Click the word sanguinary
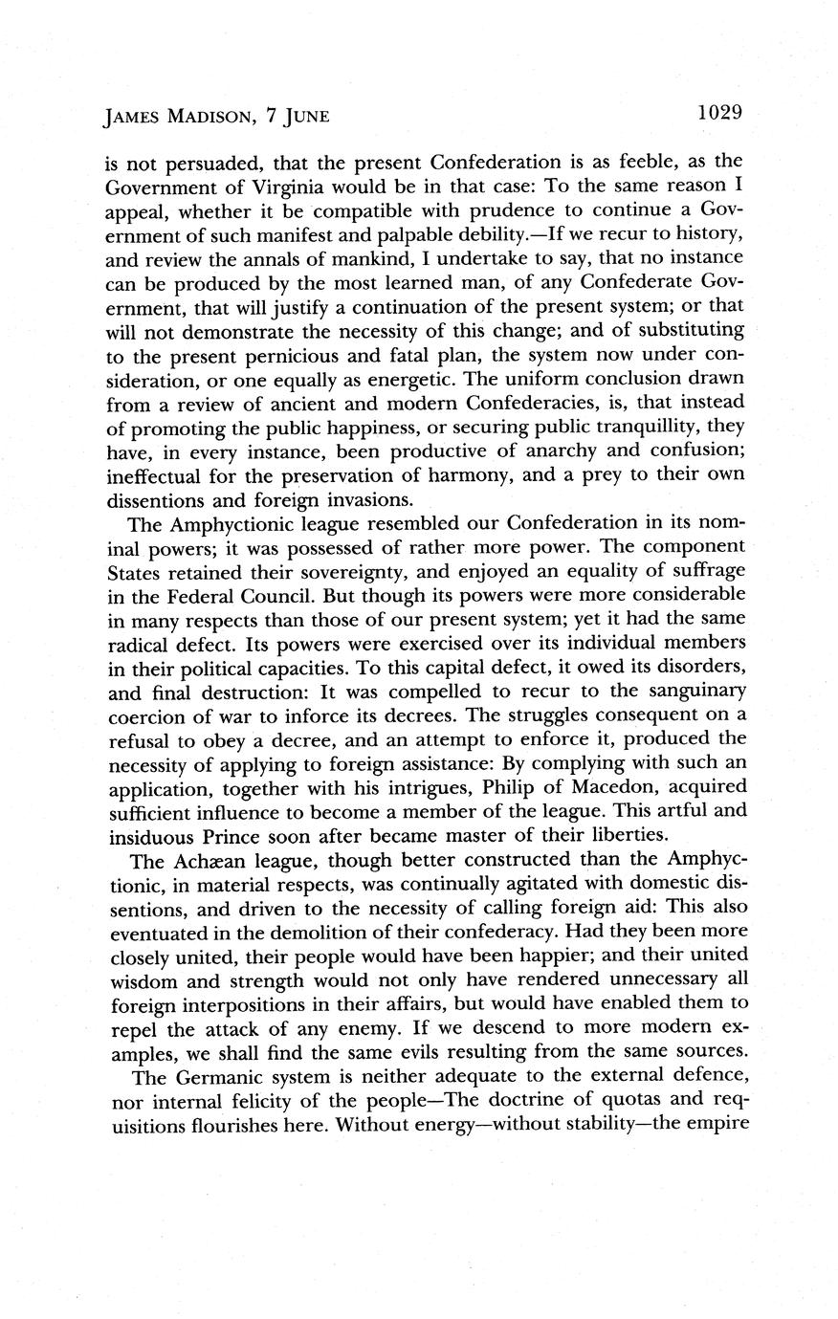pos(693,691)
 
